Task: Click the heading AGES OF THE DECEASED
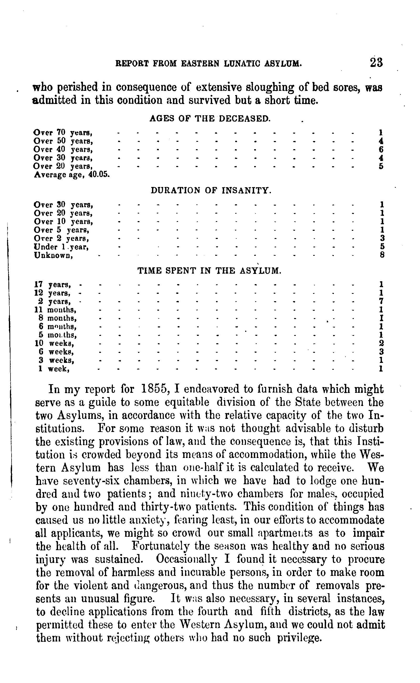coord(210,118)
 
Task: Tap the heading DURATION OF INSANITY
coord(210,190)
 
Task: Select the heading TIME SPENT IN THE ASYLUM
coord(209,270)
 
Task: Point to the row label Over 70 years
coord(63,133)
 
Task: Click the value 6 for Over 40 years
coord(381,149)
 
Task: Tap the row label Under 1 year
coord(61,247)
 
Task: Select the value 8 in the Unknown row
coord(382,255)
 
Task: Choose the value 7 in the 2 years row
coord(381,301)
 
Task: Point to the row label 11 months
coord(56,310)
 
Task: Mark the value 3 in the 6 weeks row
coord(382,352)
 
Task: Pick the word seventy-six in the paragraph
coord(87,481)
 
